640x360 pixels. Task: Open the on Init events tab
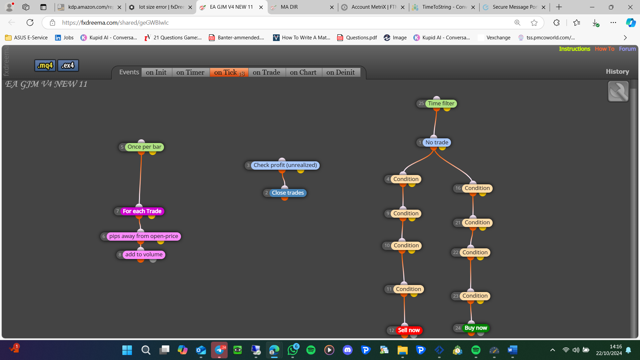[156, 72]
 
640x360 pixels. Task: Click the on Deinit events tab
[341, 72]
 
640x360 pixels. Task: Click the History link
[617, 72]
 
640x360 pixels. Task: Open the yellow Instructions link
[574, 49]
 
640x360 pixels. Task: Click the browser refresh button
[30, 23]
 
